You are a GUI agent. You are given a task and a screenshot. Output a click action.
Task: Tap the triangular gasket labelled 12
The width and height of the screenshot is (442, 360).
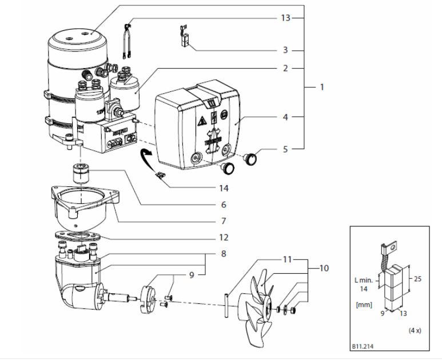[77, 236]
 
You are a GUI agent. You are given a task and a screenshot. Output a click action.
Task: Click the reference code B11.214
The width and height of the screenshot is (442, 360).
[364, 346]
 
